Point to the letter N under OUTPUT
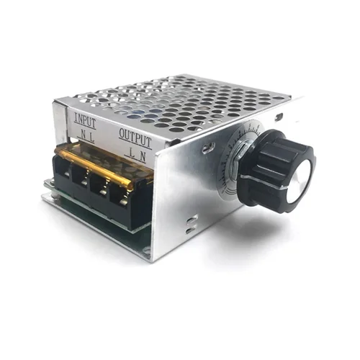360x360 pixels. [144, 153]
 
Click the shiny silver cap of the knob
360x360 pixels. [300, 175]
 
